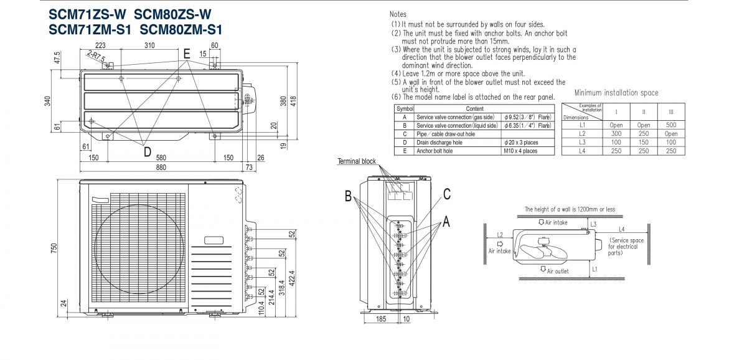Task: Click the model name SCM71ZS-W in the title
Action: click(x=87, y=14)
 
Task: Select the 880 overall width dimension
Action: click(x=161, y=168)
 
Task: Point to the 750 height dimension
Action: click(x=54, y=249)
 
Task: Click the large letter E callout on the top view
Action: click(x=187, y=54)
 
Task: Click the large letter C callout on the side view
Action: click(x=446, y=194)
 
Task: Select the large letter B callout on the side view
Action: click(x=348, y=196)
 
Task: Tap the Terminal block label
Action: click(x=357, y=161)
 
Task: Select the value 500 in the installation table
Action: click(x=671, y=125)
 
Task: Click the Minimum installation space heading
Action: click(x=616, y=93)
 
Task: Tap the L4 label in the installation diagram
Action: click(x=622, y=230)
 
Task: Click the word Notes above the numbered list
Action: click(x=398, y=14)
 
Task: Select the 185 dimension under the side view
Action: click(x=380, y=318)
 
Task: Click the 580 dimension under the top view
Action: click(x=161, y=158)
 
